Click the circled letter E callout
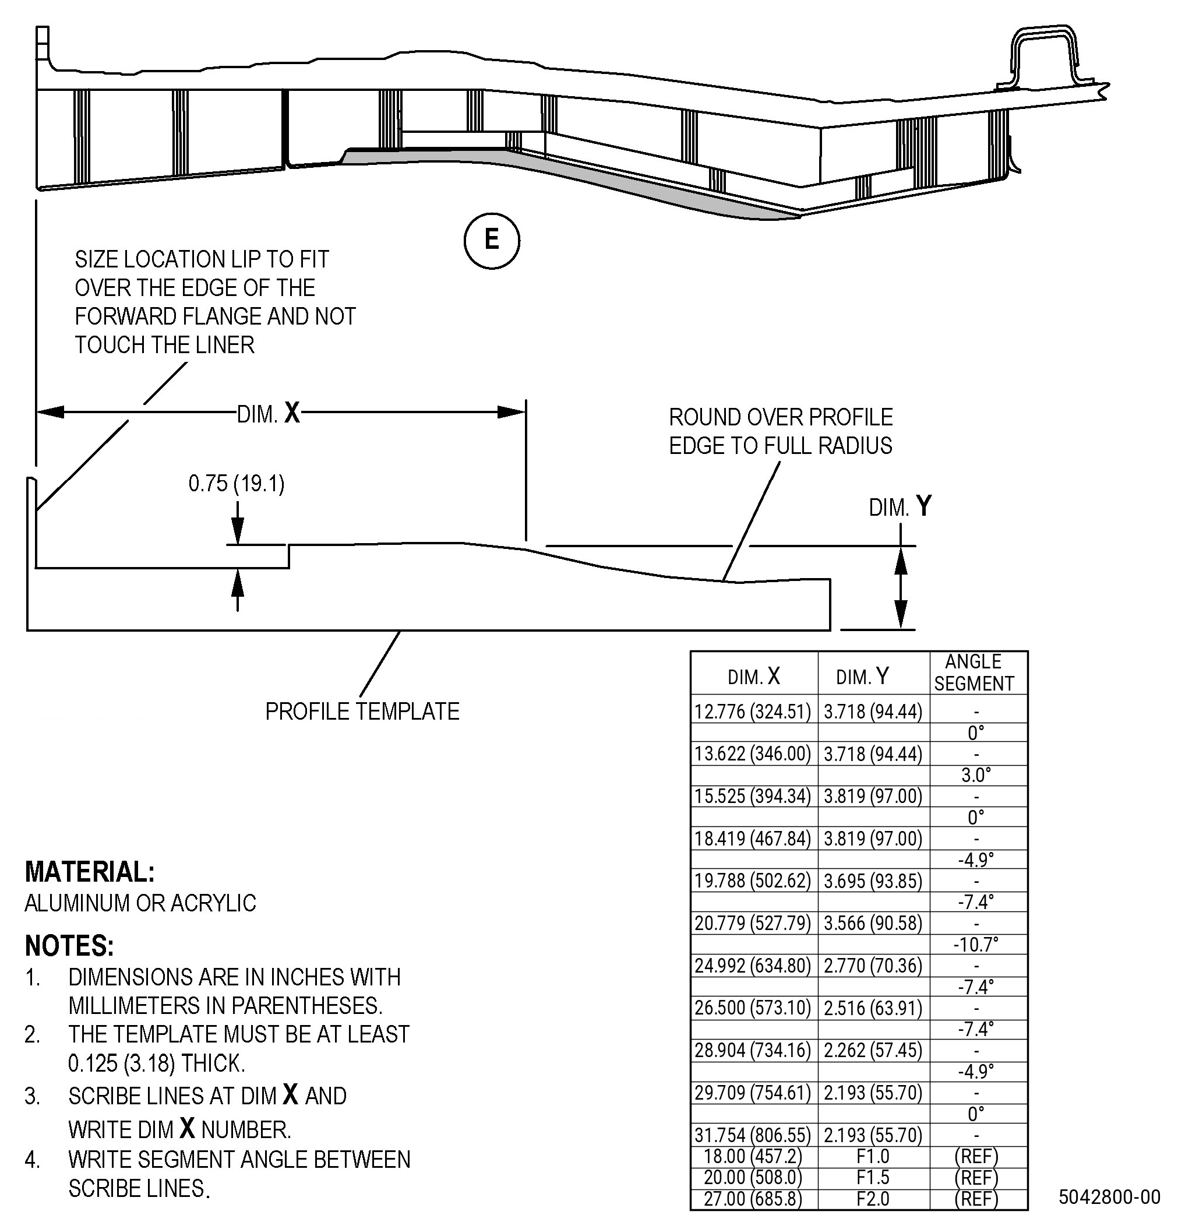[x=492, y=241]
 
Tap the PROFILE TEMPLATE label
[x=362, y=712]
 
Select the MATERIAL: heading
[x=90, y=872]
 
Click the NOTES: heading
[x=70, y=946]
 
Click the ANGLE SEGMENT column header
[x=974, y=672]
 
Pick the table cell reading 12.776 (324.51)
[x=753, y=712]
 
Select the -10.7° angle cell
[x=975, y=945]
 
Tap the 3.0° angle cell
[x=976, y=775]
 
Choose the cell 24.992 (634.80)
[x=753, y=966]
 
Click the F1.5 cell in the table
[x=873, y=1177]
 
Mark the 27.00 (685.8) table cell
[x=753, y=1198]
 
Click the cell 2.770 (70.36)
[x=873, y=966]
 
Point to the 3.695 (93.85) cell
[x=873, y=881]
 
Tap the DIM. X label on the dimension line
[x=269, y=413]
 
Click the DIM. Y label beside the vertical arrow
[x=900, y=506]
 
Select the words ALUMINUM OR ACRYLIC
[x=140, y=903]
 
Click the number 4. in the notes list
[x=33, y=1160]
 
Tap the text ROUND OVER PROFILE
[x=781, y=417]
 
